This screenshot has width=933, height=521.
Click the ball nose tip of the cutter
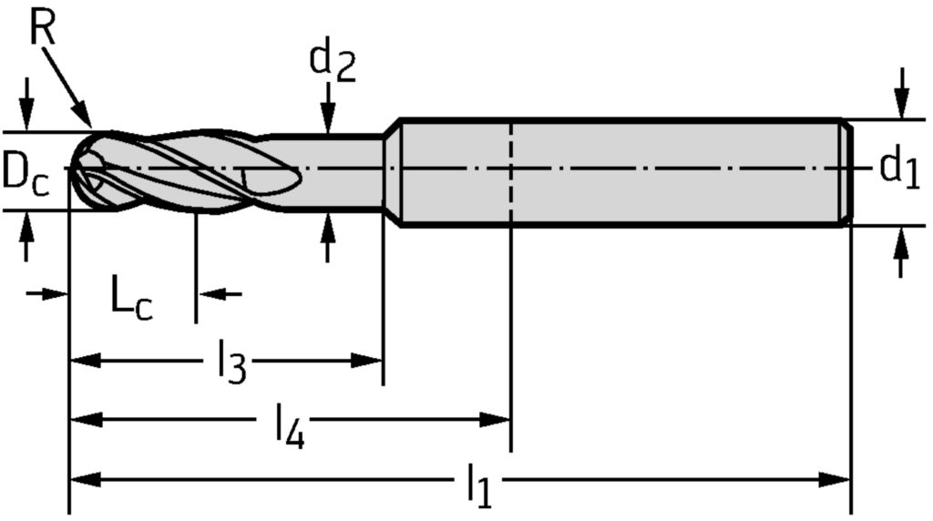76,169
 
